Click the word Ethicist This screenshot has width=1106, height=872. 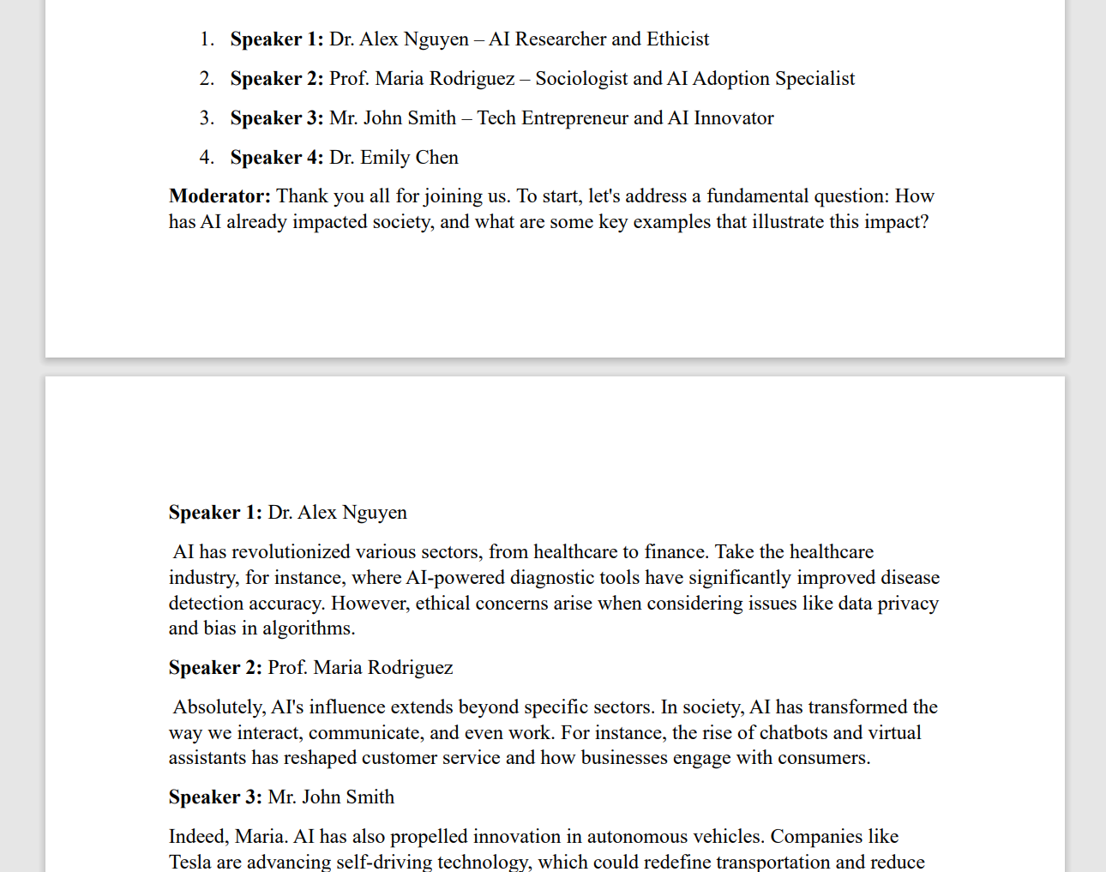677,39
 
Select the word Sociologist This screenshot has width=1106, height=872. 581,79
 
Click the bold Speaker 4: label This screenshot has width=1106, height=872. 276,158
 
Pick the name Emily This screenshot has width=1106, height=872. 384,158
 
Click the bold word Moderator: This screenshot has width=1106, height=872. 219,196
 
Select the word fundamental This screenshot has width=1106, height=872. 757,196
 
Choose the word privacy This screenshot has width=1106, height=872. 908,604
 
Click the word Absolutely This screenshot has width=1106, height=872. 219,707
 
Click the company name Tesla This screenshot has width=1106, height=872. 189,862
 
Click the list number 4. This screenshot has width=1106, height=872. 207,158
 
